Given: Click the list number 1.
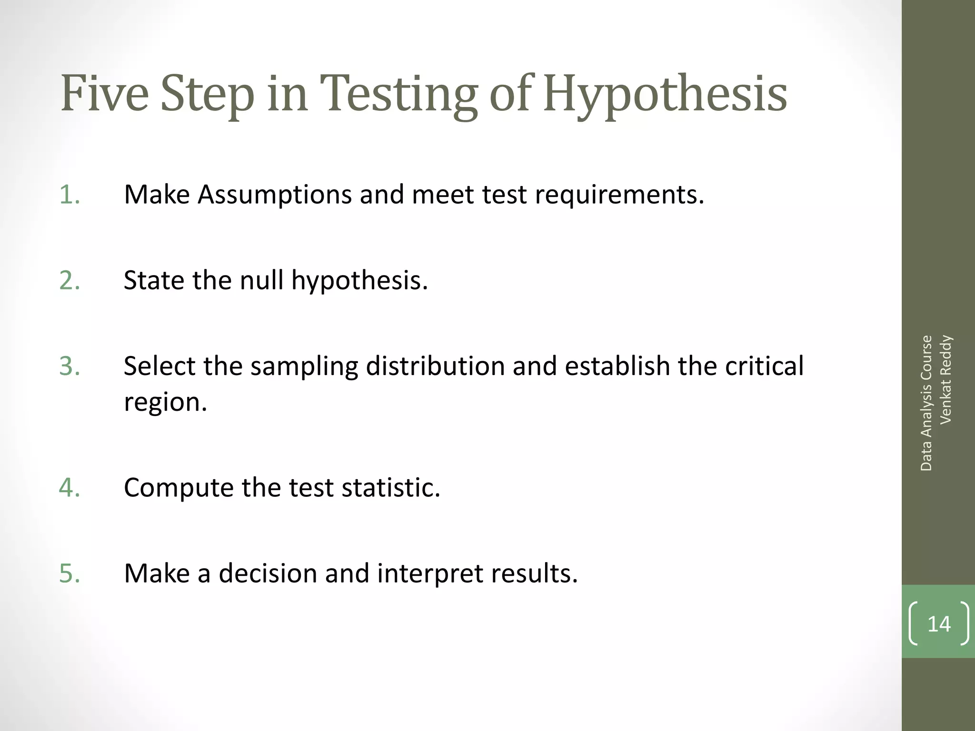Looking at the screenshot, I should tap(70, 195).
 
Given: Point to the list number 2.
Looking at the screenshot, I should tap(70, 280).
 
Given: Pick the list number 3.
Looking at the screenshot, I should tap(70, 366).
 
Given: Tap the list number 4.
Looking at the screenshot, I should tap(70, 488).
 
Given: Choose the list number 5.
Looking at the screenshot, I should tap(70, 573).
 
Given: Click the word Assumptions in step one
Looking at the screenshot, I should tap(275, 196).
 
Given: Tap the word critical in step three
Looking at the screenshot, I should tap(764, 366).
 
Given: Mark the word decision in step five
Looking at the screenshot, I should tap(268, 573).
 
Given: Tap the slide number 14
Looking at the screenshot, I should tap(939, 624).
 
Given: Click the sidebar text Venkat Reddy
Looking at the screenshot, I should tap(945, 379).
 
